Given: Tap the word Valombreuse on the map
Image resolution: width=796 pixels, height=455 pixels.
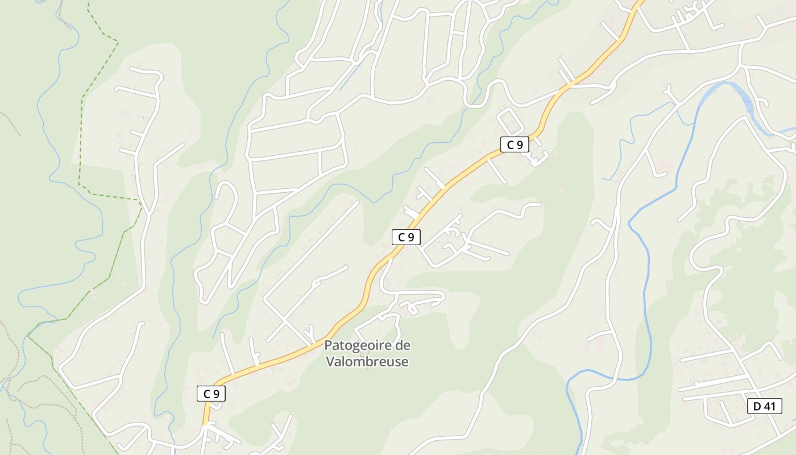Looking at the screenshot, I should click(x=367, y=361).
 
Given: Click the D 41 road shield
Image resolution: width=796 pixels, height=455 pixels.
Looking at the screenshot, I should click(x=765, y=406).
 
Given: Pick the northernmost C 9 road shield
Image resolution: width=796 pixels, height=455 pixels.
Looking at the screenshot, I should click(x=515, y=144).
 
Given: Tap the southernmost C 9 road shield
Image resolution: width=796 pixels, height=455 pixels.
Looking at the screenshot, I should click(x=212, y=393).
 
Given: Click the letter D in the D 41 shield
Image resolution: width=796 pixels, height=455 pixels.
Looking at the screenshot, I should click(x=757, y=406).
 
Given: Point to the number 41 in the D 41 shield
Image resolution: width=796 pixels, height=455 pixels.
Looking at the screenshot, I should click(x=770, y=406).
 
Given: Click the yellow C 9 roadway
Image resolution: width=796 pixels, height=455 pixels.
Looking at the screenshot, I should click(x=455, y=182).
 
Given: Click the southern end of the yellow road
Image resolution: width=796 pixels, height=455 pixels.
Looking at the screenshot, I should click(x=205, y=422).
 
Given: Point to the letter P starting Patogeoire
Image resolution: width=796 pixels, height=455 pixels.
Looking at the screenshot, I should click(x=328, y=345).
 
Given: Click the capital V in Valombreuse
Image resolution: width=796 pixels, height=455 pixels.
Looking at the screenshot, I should click(x=330, y=361).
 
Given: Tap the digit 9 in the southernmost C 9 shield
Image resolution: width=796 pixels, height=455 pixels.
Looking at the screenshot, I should click(x=216, y=393).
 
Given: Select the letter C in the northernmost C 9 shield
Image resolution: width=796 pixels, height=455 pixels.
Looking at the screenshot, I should click(x=510, y=144).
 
